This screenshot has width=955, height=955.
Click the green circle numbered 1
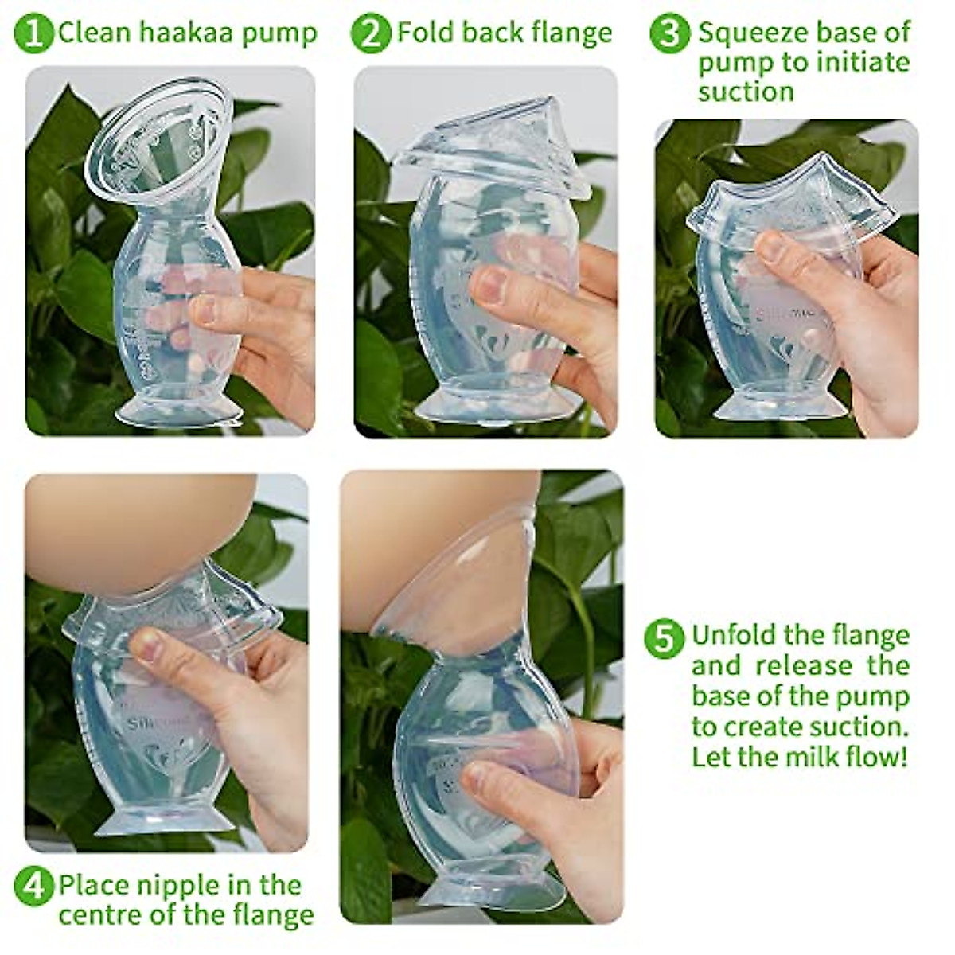33,33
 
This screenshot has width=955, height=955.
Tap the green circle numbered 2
371,33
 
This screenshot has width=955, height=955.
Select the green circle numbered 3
669,33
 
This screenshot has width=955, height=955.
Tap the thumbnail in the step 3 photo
771,248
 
